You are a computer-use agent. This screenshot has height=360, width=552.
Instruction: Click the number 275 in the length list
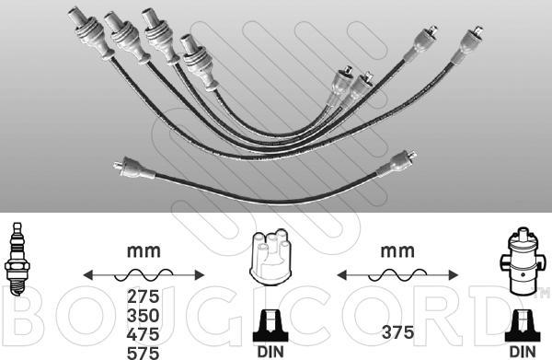(x=143, y=296)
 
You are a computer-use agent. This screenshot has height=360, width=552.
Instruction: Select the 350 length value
(x=143, y=316)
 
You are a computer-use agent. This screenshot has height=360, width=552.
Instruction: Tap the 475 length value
(x=143, y=334)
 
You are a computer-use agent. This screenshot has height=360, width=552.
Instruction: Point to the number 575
(x=143, y=353)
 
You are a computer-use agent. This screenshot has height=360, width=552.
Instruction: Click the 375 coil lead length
(x=397, y=332)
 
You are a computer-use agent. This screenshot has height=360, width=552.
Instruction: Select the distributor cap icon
(x=269, y=254)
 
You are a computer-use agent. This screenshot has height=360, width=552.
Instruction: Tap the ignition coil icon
(x=523, y=261)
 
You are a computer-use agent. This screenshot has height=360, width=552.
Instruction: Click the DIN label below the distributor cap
(x=270, y=352)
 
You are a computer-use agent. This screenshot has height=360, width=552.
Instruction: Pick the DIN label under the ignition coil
(x=523, y=352)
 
